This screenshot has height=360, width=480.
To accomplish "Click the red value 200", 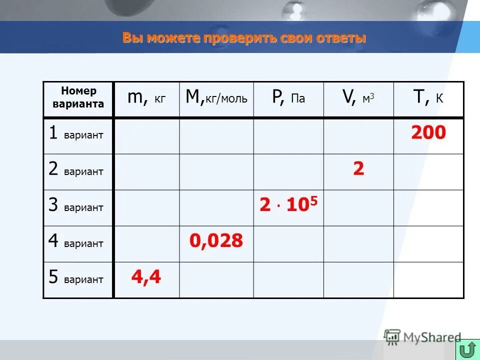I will pos(428,133).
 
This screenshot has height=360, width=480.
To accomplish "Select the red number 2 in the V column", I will pos(358,169).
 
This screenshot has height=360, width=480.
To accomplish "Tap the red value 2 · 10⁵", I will pos(288,204).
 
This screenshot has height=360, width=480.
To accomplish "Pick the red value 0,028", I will pos(216,241).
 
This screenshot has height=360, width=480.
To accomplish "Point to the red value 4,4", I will pos(146,277).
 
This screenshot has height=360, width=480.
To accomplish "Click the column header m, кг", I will pos(146,97).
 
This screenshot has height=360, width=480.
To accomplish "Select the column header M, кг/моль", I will pos(216,97).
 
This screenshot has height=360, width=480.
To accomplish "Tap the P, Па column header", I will pos(288,97).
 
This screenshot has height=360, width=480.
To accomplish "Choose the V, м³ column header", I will pos(358,97).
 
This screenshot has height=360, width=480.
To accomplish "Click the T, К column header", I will pos(428,97).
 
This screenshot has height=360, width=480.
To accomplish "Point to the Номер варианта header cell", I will pos(78,97).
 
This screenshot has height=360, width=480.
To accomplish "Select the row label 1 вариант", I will pos(76,133).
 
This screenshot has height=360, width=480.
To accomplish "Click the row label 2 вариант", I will pos(76,169).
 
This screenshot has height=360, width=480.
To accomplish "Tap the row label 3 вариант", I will pos(76,205).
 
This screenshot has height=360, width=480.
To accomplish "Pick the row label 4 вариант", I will pos(76,241).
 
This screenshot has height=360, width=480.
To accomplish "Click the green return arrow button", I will pos(467,350).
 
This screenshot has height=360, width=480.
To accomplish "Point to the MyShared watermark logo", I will pos(422,337).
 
